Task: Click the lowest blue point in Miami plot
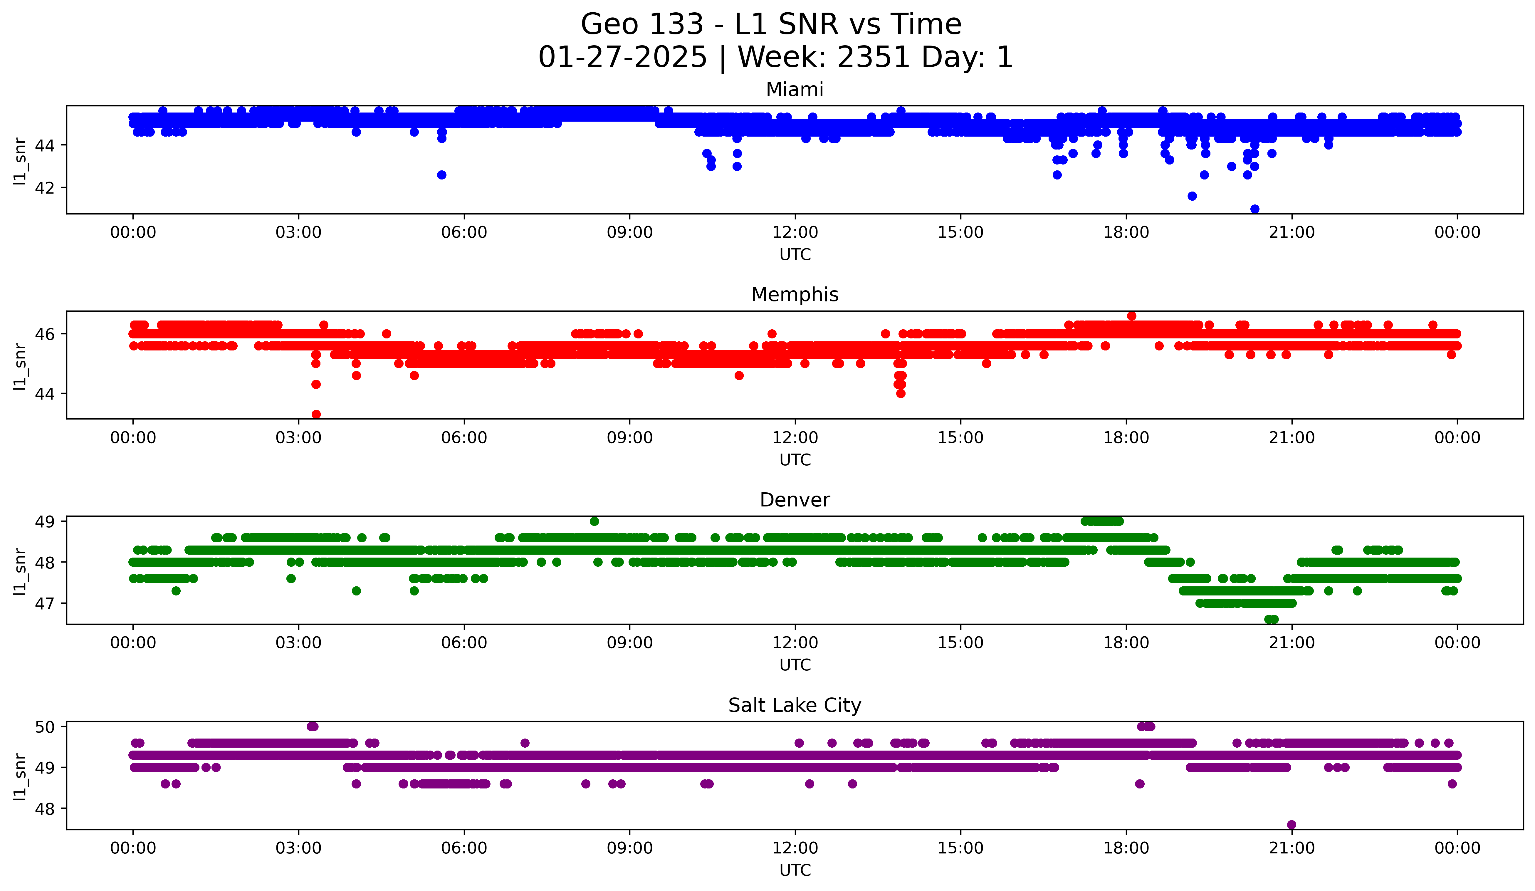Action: point(1254,209)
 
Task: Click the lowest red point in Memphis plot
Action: point(315,414)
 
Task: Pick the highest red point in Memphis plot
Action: point(1131,316)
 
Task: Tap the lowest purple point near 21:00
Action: point(1291,825)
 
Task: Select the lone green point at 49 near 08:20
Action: point(594,521)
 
